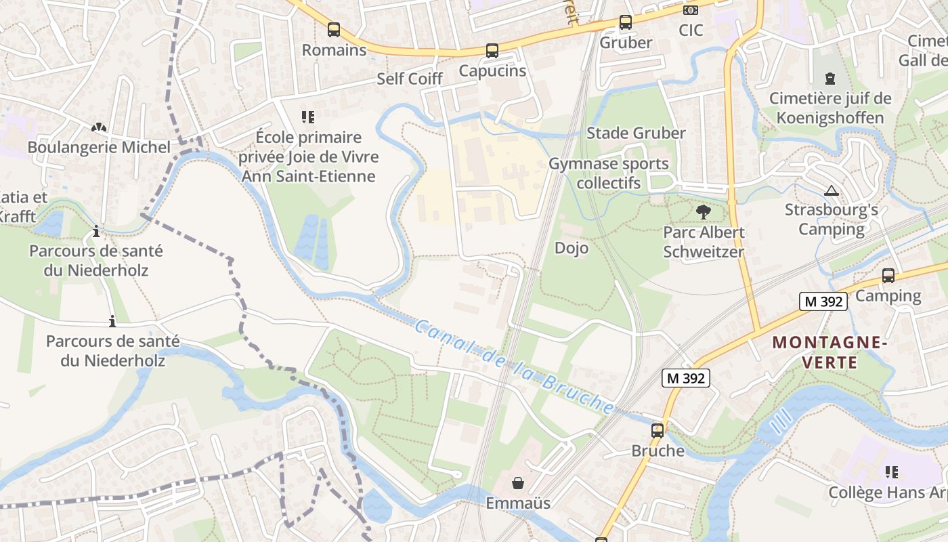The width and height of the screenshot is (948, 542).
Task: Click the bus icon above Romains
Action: pyautogui.click(x=333, y=30)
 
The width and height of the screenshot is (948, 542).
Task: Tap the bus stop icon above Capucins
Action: pyautogui.click(x=492, y=51)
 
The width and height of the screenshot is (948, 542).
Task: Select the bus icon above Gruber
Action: pyautogui.click(x=626, y=22)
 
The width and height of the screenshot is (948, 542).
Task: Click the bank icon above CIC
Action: pyautogui.click(x=691, y=10)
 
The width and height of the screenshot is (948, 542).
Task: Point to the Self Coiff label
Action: pyautogui.click(x=410, y=79)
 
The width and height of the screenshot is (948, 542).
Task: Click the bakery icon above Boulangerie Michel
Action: pyautogui.click(x=99, y=127)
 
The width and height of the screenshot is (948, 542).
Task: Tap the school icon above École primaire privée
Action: pyautogui.click(x=308, y=117)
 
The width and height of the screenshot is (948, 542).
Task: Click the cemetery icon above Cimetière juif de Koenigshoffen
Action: pyautogui.click(x=830, y=79)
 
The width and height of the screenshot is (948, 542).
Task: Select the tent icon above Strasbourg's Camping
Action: pyautogui.click(x=832, y=190)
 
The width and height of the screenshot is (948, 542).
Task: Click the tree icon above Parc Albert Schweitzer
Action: pyautogui.click(x=704, y=212)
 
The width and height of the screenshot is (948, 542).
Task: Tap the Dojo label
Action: pyautogui.click(x=572, y=248)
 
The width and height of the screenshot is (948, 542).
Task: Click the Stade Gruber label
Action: pyautogui.click(x=636, y=133)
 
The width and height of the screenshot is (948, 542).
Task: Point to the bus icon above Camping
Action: pyautogui.click(x=888, y=276)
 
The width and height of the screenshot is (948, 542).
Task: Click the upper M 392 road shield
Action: pyautogui.click(x=823, y=301)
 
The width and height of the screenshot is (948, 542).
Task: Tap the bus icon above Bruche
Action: pyautogui.click(x=658, y=430)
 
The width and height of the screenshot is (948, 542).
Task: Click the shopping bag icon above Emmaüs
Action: pyautogui.click(x=518, y=483)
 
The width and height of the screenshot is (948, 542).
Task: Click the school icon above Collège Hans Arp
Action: pyautogui.click(x=891, y=472)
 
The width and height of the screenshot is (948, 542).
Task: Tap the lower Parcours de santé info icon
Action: pyautogui.click(x=112, y=321)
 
